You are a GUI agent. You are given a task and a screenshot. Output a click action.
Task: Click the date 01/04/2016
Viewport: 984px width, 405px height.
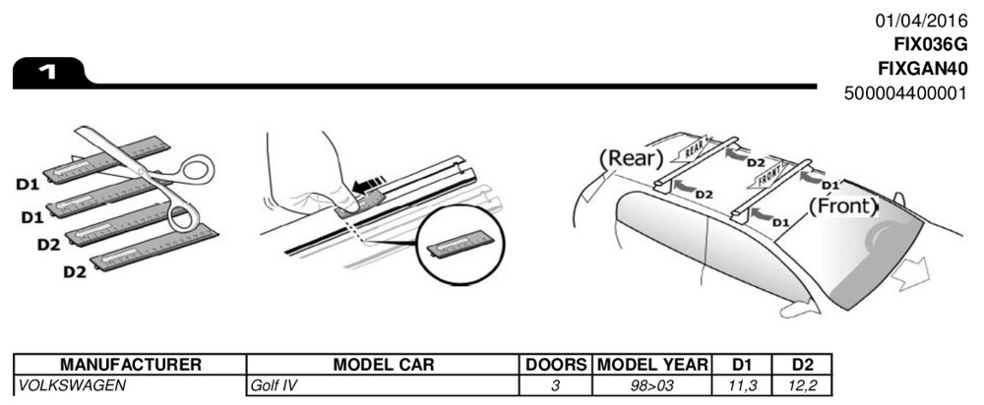click(x=921, y=21)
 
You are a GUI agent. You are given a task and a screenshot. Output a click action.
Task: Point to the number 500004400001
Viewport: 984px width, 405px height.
click(x=906, y=94)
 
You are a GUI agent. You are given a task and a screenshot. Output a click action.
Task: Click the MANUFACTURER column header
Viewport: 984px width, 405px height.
click(x=129, y=365)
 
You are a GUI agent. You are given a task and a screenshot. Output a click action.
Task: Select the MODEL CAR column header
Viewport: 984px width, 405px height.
click(x=384, y=365)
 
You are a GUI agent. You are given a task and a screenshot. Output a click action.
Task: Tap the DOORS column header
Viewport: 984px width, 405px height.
click(x=555, y=365)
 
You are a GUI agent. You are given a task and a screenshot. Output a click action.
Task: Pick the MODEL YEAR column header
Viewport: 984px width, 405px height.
click(x=651, y=365)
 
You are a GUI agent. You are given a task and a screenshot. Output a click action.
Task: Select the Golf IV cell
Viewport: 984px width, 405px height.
click(x=275, y=385)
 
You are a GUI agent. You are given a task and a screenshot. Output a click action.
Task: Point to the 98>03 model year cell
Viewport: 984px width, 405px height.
click(x=652, y=385)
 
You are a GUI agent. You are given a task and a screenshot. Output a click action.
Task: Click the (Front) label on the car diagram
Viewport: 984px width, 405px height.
click(x=842, y=206)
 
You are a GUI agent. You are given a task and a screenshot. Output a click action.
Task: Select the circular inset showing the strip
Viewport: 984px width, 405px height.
click(x=459, y=246)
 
